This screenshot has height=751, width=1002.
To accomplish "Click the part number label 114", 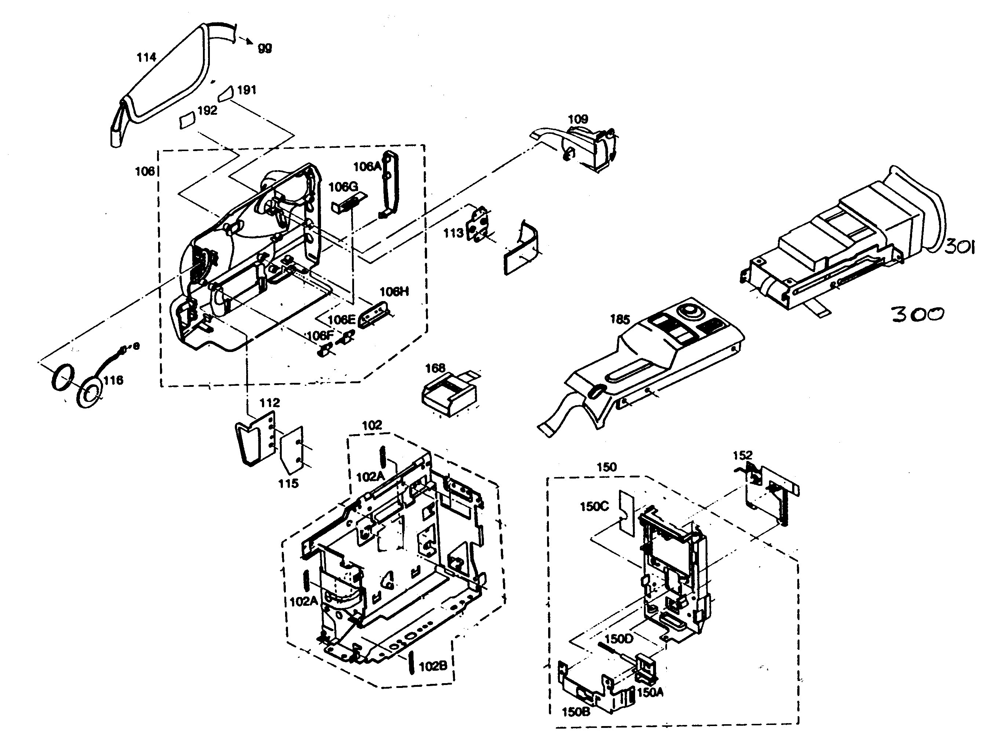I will [x=146, y=58].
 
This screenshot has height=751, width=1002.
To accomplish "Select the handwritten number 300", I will [x=918, y=314].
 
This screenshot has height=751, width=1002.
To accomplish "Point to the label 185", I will [x=620, y=320].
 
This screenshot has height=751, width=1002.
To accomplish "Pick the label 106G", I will [x=343, y=187].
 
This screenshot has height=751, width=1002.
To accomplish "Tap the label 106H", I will [x=394, y=292].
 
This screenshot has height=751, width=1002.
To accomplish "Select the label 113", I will [x=453, y=233].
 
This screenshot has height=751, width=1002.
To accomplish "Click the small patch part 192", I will [x=186, y=121].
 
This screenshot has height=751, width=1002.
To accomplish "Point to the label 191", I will [x=247, y=90].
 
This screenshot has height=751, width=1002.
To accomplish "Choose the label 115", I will [x=288, y=483].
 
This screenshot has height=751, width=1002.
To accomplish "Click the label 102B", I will [x=433, y=666].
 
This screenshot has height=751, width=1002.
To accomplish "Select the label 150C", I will [x=594, y=506].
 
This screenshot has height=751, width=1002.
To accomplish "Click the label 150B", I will [x=576, y=712].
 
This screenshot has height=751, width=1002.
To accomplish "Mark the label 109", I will [x=577, y=119].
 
